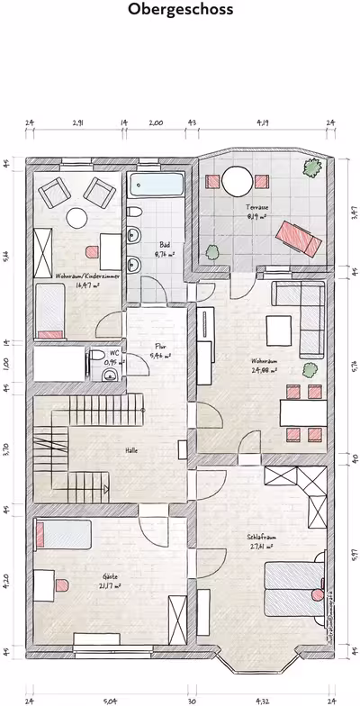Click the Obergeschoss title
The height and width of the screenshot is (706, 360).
coord(180,11)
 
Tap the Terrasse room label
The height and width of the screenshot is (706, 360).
coord(257,208)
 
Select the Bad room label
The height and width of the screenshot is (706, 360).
coord(166,245)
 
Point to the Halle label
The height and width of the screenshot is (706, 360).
coord(130,450)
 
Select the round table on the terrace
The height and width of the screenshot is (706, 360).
coord(239,180)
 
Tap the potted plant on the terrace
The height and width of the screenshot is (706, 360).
coord(313,167)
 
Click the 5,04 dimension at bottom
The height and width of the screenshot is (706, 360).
coord(110,698)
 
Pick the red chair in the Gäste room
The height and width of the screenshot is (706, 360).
coord(62,585)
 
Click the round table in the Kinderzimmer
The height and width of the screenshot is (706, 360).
coord(76,218)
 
